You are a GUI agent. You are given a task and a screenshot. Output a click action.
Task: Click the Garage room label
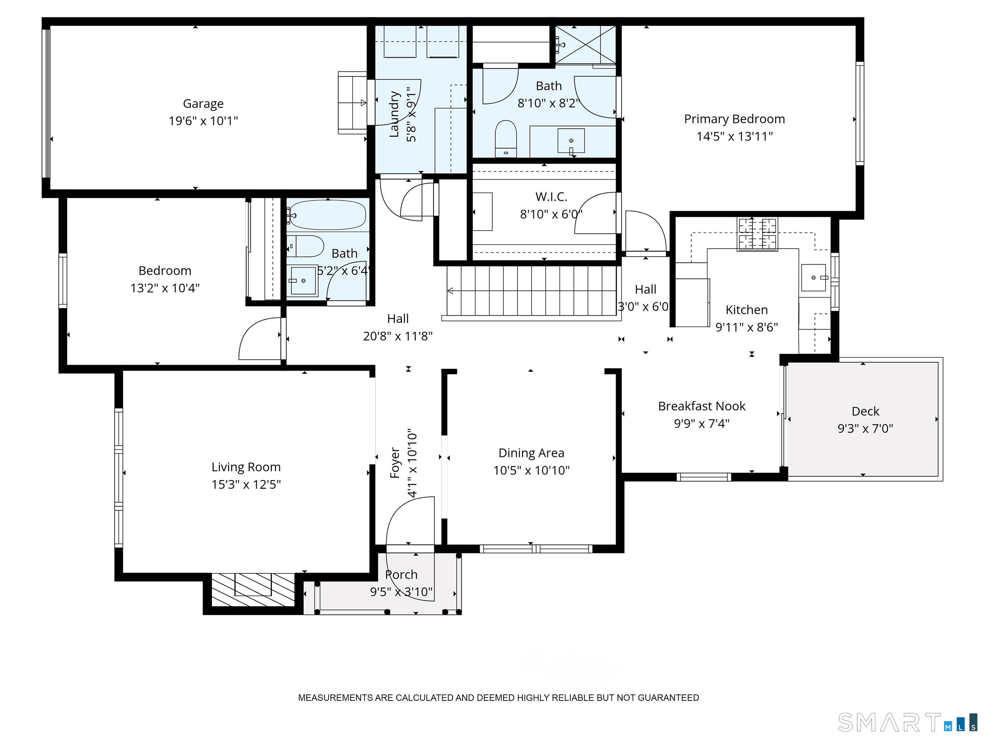203,104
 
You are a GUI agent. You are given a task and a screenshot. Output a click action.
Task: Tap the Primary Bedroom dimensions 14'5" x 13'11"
734,136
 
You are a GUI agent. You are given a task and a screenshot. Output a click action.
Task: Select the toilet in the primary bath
506,139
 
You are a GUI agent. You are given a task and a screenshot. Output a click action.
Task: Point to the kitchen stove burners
757,234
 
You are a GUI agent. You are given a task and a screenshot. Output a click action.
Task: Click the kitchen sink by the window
813,277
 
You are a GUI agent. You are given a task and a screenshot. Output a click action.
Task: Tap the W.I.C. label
551,197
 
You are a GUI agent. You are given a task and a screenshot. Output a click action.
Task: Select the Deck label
865,411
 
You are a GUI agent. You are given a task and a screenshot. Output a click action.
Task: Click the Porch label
401,575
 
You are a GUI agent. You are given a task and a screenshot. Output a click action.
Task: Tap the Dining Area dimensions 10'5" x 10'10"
531,471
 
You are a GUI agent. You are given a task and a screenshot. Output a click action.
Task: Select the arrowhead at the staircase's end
450,291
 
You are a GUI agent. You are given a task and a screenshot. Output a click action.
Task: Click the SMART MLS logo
907,723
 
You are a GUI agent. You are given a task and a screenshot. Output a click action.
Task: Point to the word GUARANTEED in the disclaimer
669,698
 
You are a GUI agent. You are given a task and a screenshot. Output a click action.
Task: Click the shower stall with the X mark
585,45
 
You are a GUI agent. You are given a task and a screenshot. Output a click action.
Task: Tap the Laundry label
394,114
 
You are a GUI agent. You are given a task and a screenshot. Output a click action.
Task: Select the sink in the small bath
303,281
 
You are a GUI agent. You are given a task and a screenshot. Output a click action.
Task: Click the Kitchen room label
746,310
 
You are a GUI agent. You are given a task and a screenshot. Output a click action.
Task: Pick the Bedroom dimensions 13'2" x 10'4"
165,288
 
